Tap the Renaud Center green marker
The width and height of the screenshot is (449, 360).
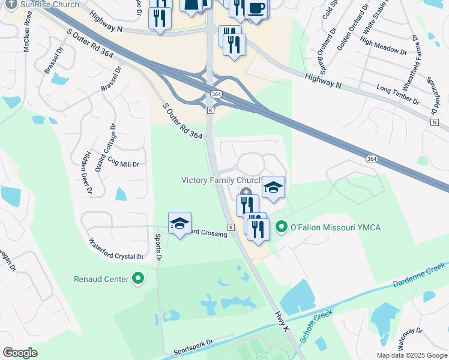[138, 278]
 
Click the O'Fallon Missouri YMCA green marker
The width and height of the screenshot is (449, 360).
[281, 227]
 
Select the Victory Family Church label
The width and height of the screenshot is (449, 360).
[222, 180]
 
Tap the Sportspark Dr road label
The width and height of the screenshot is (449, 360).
[193, 346]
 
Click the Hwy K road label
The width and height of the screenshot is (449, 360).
[283, 322]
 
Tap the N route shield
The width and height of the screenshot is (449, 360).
[434, 122]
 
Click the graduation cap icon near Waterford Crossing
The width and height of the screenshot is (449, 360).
[179, 223]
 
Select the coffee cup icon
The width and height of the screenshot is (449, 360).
[256, 8]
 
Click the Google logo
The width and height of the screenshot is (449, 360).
[20, 353]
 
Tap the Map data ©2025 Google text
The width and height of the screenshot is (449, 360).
[412, 355]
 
